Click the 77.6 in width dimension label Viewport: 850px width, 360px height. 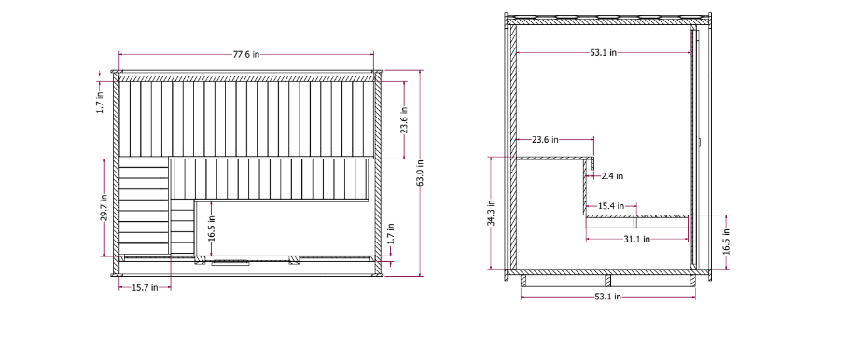246,54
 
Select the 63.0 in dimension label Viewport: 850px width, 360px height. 420,173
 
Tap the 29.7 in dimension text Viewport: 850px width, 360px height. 104,208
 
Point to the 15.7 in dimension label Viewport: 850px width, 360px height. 145,287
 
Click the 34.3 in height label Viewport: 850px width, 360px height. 491,213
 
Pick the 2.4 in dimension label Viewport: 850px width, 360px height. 613,176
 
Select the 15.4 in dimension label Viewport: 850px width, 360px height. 611,206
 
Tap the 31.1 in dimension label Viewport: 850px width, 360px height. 636,239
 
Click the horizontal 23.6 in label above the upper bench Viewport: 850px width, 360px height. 545,139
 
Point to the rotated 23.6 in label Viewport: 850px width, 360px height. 404,121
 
